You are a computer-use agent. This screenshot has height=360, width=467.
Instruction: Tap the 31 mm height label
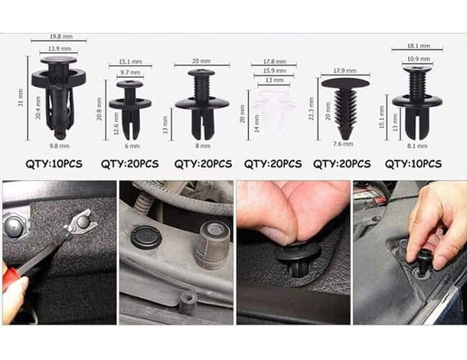coord(20,98)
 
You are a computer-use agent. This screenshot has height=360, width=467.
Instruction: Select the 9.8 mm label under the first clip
coord(59,146)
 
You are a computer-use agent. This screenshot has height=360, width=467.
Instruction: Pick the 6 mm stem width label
coord(132,146)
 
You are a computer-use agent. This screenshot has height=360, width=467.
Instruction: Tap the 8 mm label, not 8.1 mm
coord(202,146)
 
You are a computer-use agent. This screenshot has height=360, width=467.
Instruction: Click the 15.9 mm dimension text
coord(274,71)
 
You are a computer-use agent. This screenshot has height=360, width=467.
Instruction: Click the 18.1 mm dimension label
coord(416,47)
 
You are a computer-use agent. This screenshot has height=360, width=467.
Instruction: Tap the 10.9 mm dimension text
coord(416,59)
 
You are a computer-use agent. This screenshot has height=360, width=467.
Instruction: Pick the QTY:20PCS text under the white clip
coord(273,164)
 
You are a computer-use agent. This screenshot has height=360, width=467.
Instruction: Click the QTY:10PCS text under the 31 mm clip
coord(59,164)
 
